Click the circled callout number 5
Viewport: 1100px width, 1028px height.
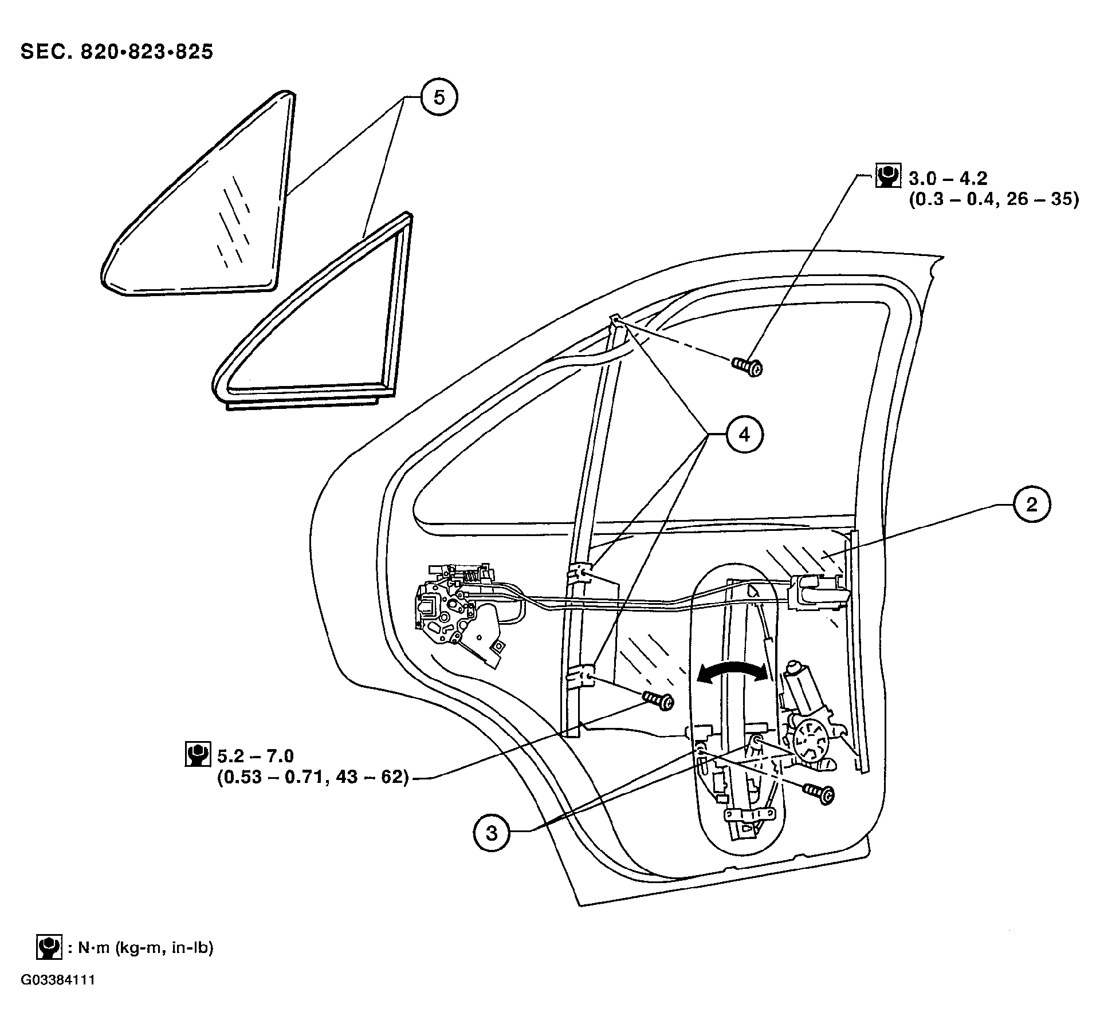pyautogui.click(x=438, y=98)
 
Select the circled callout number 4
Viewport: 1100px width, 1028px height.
pyautogui.click(x=744, y=435)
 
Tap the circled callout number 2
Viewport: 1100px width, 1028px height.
pyautogui.click(x=1031, y=505)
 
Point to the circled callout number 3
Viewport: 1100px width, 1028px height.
pyautogui.click(x=492, y=833)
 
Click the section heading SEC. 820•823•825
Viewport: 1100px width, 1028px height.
pyautogui.click(x=117, y=52)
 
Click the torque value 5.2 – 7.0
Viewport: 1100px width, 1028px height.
pyautogui.click(x=256, y=757)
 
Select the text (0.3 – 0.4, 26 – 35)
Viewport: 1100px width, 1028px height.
pyautogui.click(x=993, y=200)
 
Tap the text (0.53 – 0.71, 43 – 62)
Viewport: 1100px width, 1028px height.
pyautogui.click(x=313, y=778)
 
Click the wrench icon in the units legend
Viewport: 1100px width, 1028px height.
pyautogui.click(x=48, y=947)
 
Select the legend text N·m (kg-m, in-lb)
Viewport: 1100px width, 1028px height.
pyautogui.click(x=141, y=948)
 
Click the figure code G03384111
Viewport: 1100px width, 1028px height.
pyautogui.click(x=58, y=995)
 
